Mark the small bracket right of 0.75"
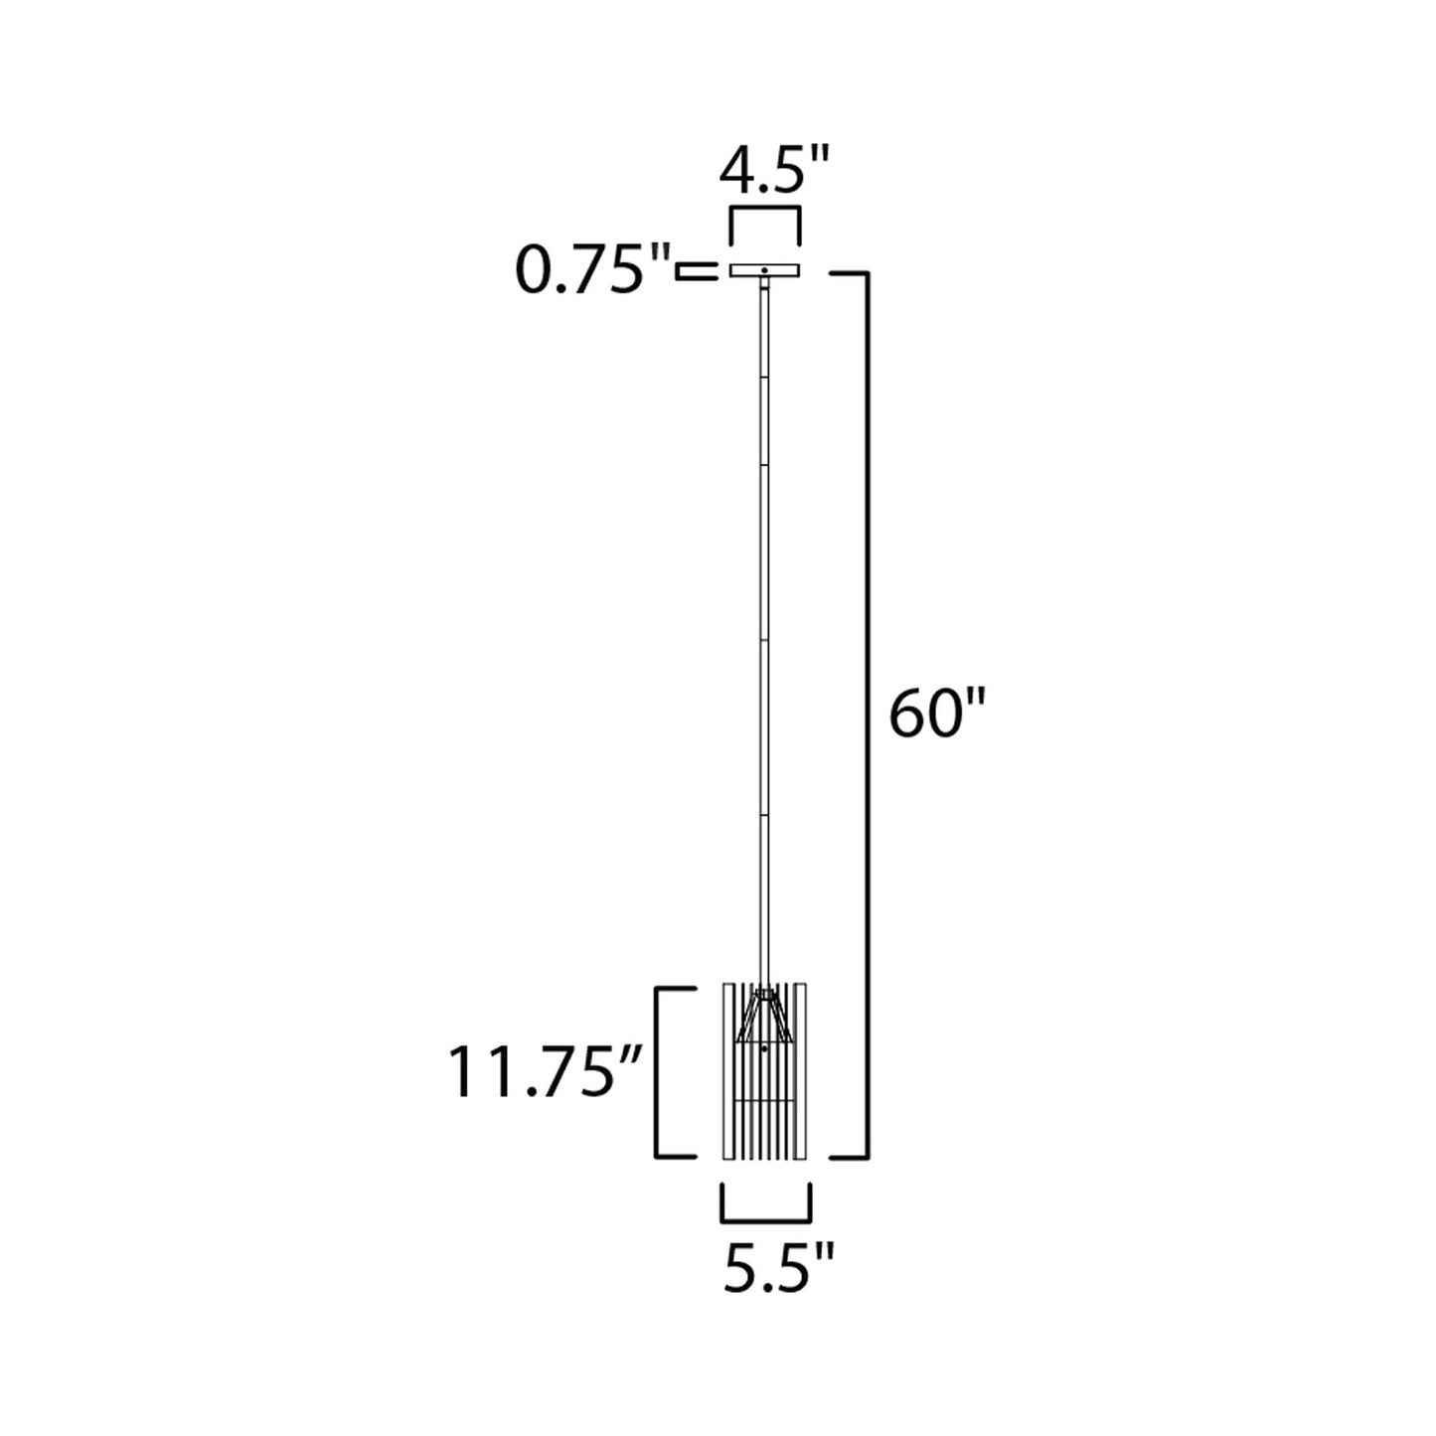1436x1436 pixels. (697, 271)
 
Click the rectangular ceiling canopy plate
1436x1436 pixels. (764, 270)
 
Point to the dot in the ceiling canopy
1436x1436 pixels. (764, 270)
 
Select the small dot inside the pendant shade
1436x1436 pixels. (763, 1047)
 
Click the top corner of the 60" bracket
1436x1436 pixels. (869, 271)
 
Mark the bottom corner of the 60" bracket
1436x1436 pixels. (869, 1157)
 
